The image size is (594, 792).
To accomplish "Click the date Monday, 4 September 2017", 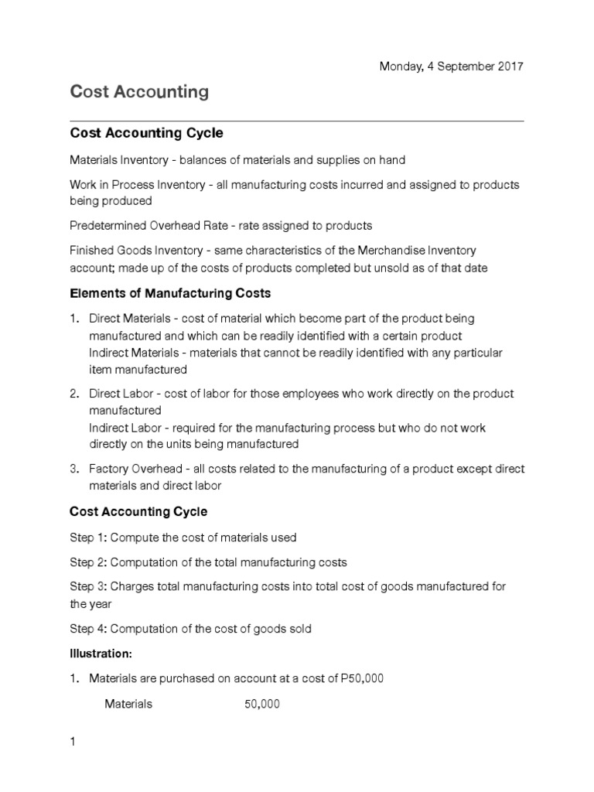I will click(451, 67).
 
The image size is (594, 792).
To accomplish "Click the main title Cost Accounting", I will click(139, 92).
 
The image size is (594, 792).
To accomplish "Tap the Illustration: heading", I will click(101, 654).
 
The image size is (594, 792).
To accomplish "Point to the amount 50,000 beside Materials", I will click(262, 704).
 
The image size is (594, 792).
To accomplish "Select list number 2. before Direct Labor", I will click(74, 394).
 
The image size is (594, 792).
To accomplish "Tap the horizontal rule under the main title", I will click(297, 121).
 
